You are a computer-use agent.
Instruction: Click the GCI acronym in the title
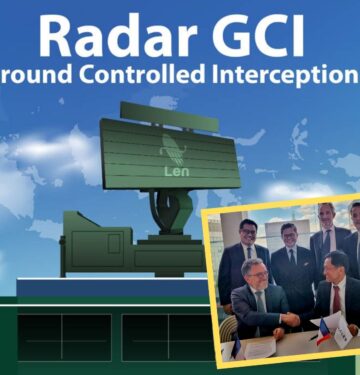(x=263, y=37)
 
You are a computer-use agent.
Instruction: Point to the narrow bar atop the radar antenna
(x=169, y=109)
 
